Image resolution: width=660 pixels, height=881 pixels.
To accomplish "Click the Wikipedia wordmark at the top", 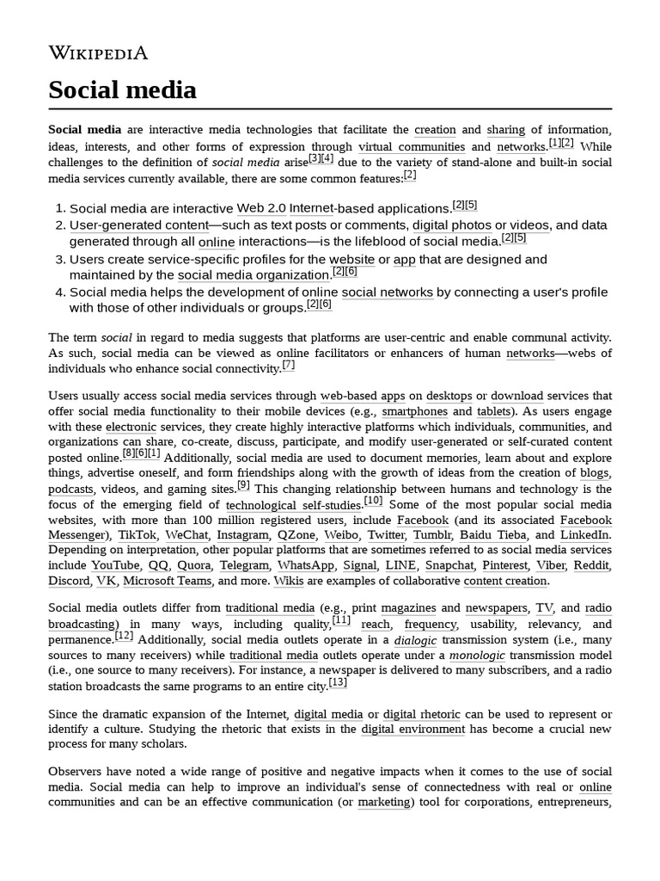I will (98, 53).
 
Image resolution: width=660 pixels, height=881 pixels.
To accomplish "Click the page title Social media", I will (122, 89).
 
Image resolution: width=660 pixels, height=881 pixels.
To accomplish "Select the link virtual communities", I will (411, 147).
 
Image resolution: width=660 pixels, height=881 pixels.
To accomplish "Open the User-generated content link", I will (139, 225).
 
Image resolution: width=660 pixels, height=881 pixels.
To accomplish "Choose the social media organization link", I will (253, 275).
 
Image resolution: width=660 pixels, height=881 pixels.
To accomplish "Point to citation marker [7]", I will (288, 365).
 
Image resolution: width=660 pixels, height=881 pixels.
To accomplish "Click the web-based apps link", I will (362, 397).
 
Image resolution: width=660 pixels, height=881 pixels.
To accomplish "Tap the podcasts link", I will (70, 490).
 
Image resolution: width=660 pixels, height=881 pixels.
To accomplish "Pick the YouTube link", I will (115, 566).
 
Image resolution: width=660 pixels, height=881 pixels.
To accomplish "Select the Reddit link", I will (591, 566).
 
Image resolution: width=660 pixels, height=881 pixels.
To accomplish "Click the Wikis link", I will (289, 582).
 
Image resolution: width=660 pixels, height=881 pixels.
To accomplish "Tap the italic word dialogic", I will (415, 641).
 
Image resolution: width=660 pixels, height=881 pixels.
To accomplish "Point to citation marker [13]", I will (338, 683).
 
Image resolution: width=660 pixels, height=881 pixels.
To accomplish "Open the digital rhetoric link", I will (421, 715).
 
